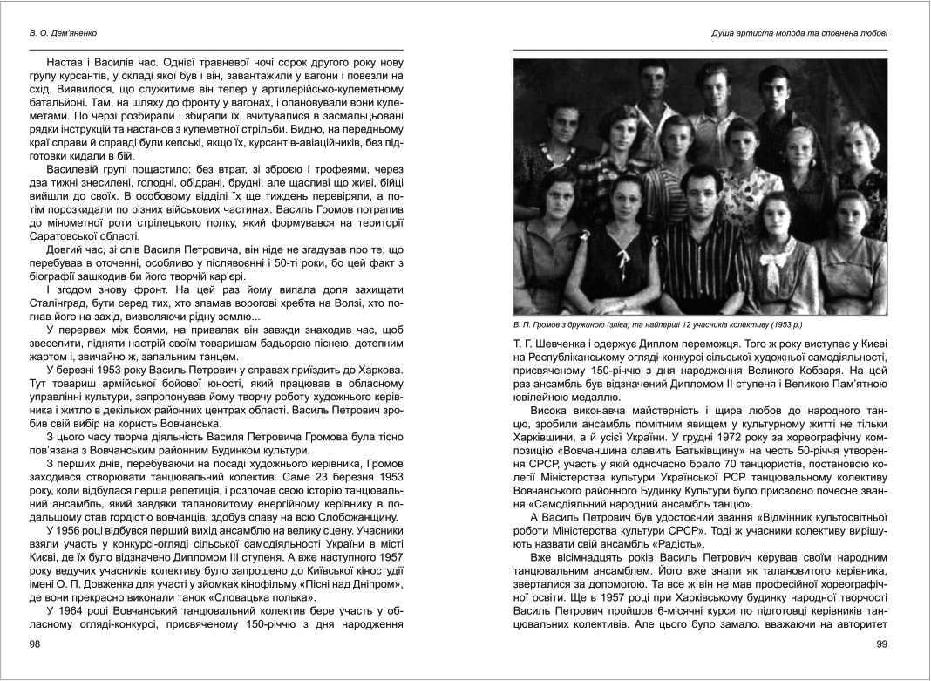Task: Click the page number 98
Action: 36,644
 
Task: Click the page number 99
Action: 880,644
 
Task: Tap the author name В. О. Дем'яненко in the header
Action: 61,34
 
